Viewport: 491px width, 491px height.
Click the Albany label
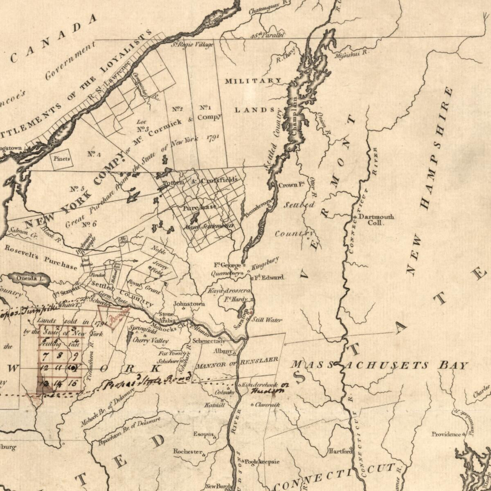click(x=223, y=351)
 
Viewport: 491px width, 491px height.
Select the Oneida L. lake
click(x=28, y=279)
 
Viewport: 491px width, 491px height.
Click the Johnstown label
click(x=189, y=304)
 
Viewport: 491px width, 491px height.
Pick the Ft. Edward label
click(x=269, y=277)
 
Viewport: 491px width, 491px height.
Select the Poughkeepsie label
click(x=262, y=462)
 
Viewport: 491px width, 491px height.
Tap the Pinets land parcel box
click(x=61, y=159)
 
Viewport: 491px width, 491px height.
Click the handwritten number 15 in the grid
click(x=72, y=383)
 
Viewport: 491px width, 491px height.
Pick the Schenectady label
click(x=209, y=340)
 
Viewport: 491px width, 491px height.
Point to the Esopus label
click(x=204, y=434)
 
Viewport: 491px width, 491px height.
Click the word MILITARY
click(x=253, y=81)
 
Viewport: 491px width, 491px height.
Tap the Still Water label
click(x=266, y=320)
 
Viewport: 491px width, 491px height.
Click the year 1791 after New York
click(x=213, y=137)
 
